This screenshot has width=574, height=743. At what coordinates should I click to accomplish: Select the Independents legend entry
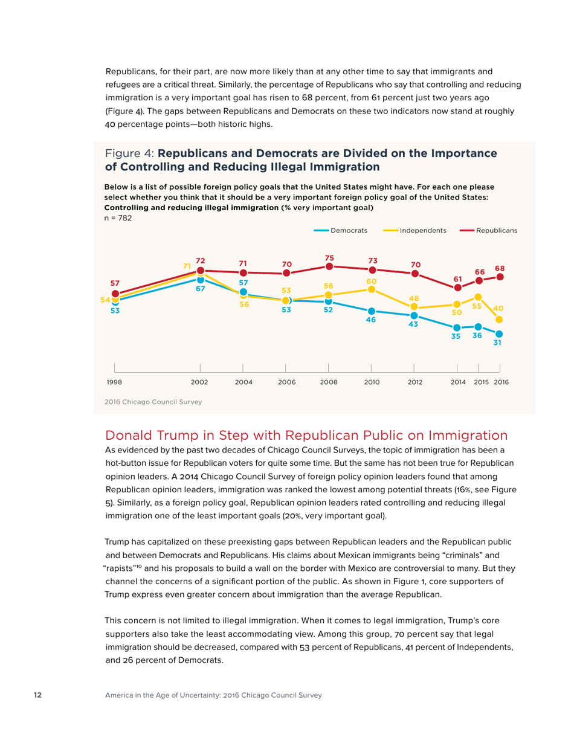click(422, 230)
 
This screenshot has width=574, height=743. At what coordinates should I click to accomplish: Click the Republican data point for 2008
click(329, 266)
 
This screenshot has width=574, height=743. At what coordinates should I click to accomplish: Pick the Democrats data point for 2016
click(500, 333)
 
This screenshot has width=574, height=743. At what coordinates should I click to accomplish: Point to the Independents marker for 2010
click(372, 289)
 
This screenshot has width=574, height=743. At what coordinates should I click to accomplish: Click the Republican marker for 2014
click(457, 288)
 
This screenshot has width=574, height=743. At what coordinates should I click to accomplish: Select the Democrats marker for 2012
click(414, 315)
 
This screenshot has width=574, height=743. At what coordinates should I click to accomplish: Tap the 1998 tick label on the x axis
click(114, 382)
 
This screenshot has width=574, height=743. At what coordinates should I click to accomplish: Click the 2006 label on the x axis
click(286, 382)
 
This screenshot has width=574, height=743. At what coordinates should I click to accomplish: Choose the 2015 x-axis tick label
click(482, 382)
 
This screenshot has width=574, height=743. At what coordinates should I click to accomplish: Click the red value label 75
click(329, 257)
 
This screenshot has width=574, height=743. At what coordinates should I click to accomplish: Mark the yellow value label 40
click(499, 308)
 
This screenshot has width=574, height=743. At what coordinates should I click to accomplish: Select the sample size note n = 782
click(119, 217)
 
